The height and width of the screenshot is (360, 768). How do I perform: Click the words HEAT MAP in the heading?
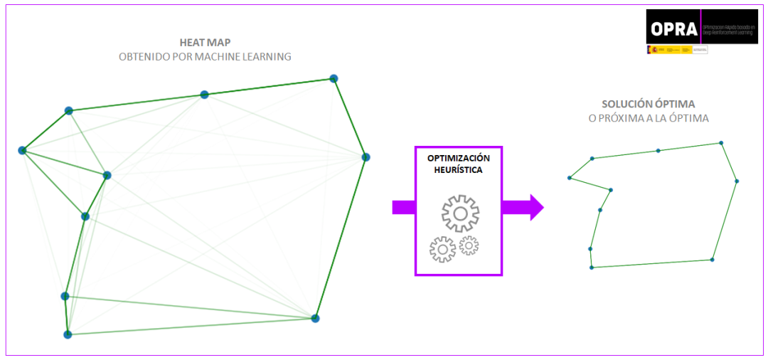(205, 42)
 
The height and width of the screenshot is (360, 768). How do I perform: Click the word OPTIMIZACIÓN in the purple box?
(459, 158)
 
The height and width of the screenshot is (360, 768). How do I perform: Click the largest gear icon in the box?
(460, 213)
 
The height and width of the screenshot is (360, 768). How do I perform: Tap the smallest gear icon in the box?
(469, 245)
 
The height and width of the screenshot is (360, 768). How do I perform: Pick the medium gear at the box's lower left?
(442, 249)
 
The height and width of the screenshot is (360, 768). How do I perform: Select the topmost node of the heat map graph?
(333, 78)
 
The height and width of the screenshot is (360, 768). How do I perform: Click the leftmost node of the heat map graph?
(22, 150)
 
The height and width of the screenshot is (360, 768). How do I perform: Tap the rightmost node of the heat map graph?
(366, 157)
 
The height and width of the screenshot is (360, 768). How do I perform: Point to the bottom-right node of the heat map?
(315, 318)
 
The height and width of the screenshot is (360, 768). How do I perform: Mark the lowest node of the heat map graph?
(68, 334)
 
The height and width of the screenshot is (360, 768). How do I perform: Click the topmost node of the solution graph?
(721, 142)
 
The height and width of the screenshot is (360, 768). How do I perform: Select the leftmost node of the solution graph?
(569, 178)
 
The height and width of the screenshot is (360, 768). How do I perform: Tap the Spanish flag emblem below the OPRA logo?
(651, 50)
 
